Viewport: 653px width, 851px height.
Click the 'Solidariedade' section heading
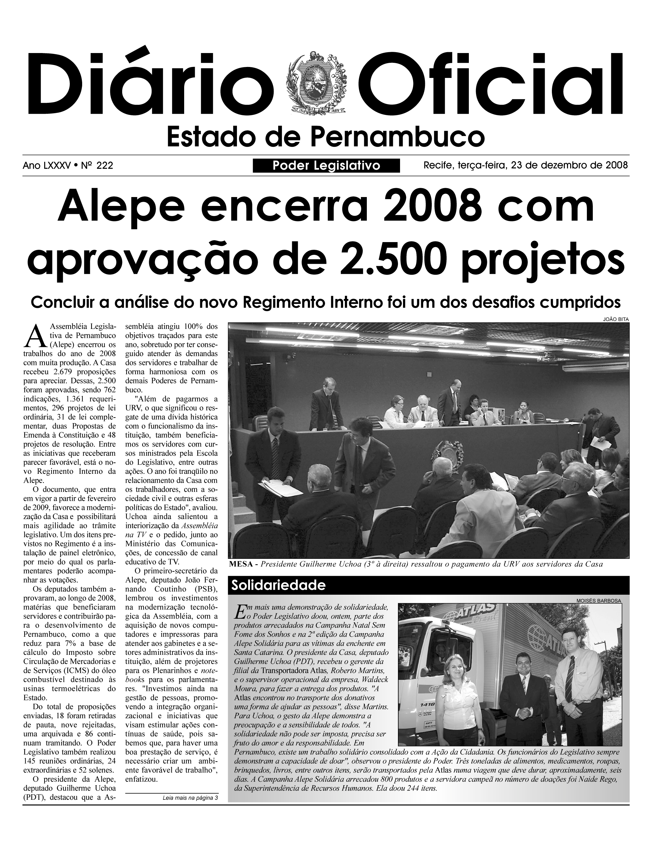point(278,585)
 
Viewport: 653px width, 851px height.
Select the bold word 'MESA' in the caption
point(241,564)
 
